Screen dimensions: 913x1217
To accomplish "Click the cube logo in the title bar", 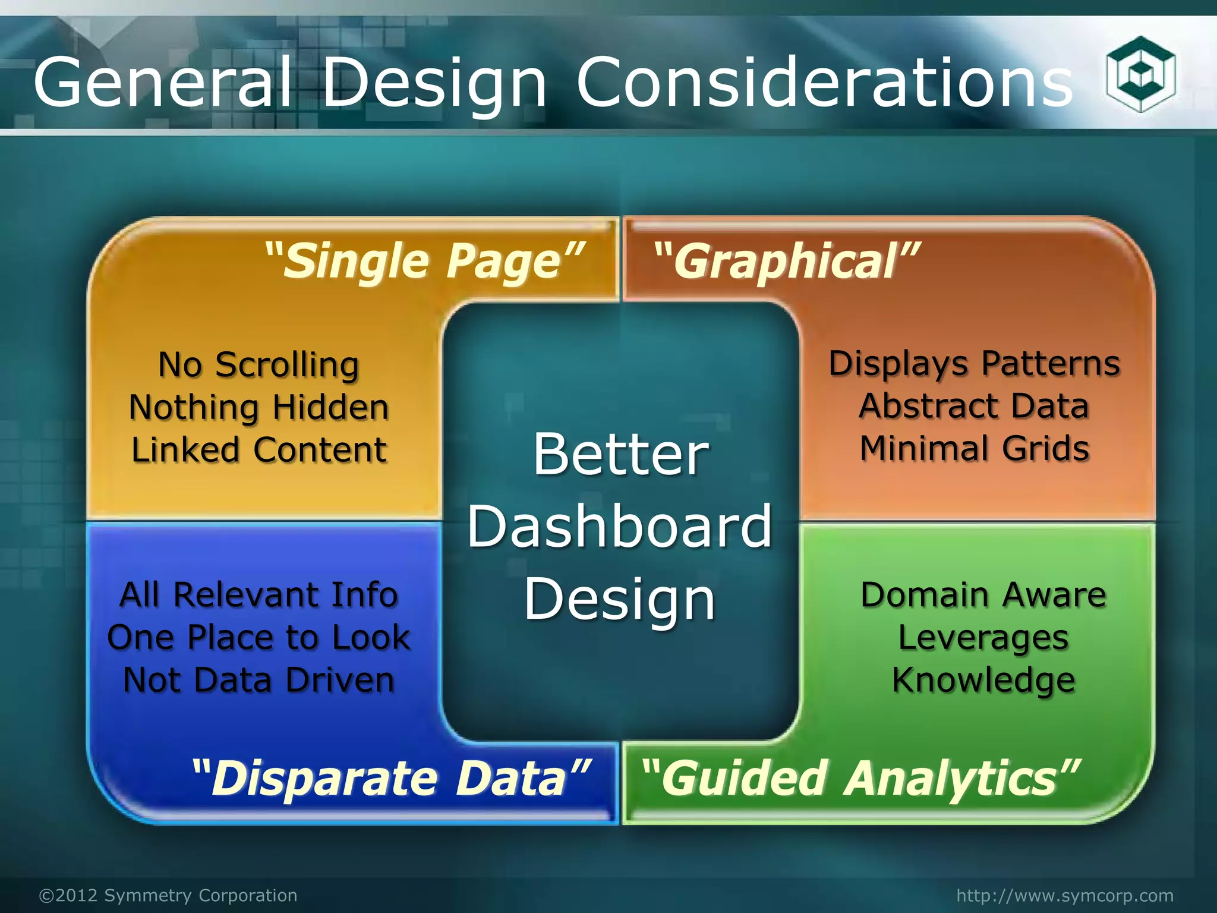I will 1140,75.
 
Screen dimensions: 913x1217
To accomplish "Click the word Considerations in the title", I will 825,83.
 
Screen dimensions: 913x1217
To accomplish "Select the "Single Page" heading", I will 424,262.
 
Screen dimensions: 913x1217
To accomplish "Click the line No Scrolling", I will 258,364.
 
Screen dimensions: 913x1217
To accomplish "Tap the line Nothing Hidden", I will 258,408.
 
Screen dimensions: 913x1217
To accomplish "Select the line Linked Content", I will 258,450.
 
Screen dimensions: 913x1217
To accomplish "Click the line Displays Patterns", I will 975,364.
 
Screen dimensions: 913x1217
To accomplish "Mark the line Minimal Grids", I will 975,449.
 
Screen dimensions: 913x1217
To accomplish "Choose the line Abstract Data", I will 975,407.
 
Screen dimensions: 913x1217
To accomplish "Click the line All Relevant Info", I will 258,595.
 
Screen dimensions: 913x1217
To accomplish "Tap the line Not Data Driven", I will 258,680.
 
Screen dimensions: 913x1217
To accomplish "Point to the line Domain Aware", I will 983,595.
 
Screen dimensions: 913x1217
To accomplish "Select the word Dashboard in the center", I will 619,527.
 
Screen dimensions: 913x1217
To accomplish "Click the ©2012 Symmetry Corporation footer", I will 168,895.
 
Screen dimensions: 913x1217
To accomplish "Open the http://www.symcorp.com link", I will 1065,895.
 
